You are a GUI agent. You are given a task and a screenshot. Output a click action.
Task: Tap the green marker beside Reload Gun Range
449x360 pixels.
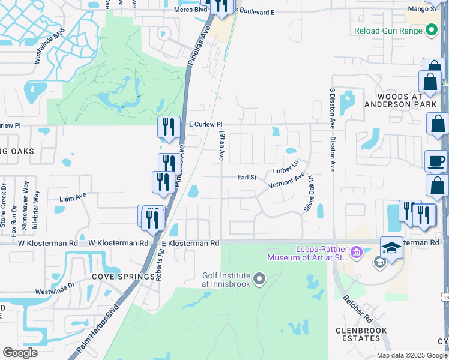(431, 30)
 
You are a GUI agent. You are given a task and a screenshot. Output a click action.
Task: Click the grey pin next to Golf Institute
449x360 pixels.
(259, 278)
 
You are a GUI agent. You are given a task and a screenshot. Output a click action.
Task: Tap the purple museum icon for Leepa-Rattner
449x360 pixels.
(357, 251)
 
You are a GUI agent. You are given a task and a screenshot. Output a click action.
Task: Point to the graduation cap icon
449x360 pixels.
(391, 248)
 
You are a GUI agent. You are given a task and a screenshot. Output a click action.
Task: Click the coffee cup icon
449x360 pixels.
(436, 161)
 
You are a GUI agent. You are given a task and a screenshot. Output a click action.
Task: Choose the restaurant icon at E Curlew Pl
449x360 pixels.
(169, 127)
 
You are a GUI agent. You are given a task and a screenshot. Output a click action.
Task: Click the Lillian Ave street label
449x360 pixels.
(221, 146)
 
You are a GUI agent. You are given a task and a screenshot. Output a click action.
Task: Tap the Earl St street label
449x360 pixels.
(247, 178)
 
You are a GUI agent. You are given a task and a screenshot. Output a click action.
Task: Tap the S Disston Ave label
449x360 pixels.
(331, 109)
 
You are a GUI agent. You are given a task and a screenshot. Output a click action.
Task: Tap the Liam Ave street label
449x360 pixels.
(73, 196)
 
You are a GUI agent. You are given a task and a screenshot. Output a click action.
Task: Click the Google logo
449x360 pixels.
(20, 353)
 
